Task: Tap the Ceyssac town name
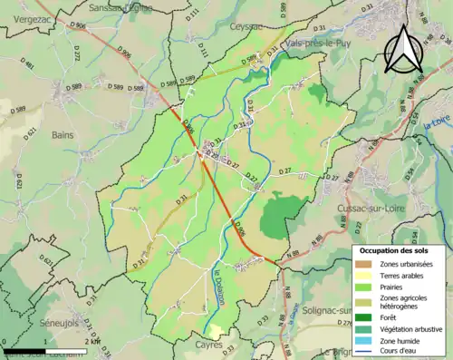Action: (246, 28)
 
